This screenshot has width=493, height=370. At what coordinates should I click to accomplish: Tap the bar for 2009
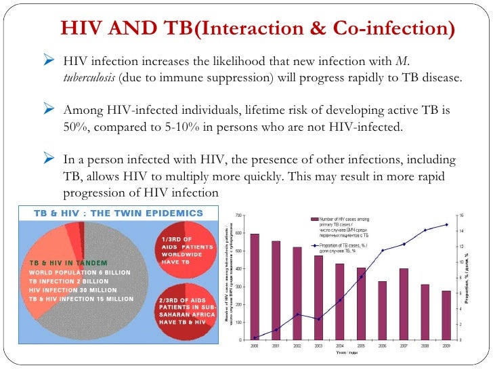(x=446, y=315)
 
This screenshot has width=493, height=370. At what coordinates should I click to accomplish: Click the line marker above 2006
(x=383, y=251)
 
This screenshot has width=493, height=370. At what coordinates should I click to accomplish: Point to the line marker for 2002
(x=297, y=314)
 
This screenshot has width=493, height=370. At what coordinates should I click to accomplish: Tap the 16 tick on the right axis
(x=461, y=215)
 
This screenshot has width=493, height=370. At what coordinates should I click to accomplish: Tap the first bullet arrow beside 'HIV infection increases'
(x=47, y=62)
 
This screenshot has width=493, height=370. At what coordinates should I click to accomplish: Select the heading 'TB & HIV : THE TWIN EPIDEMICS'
(x=119, y=213)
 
